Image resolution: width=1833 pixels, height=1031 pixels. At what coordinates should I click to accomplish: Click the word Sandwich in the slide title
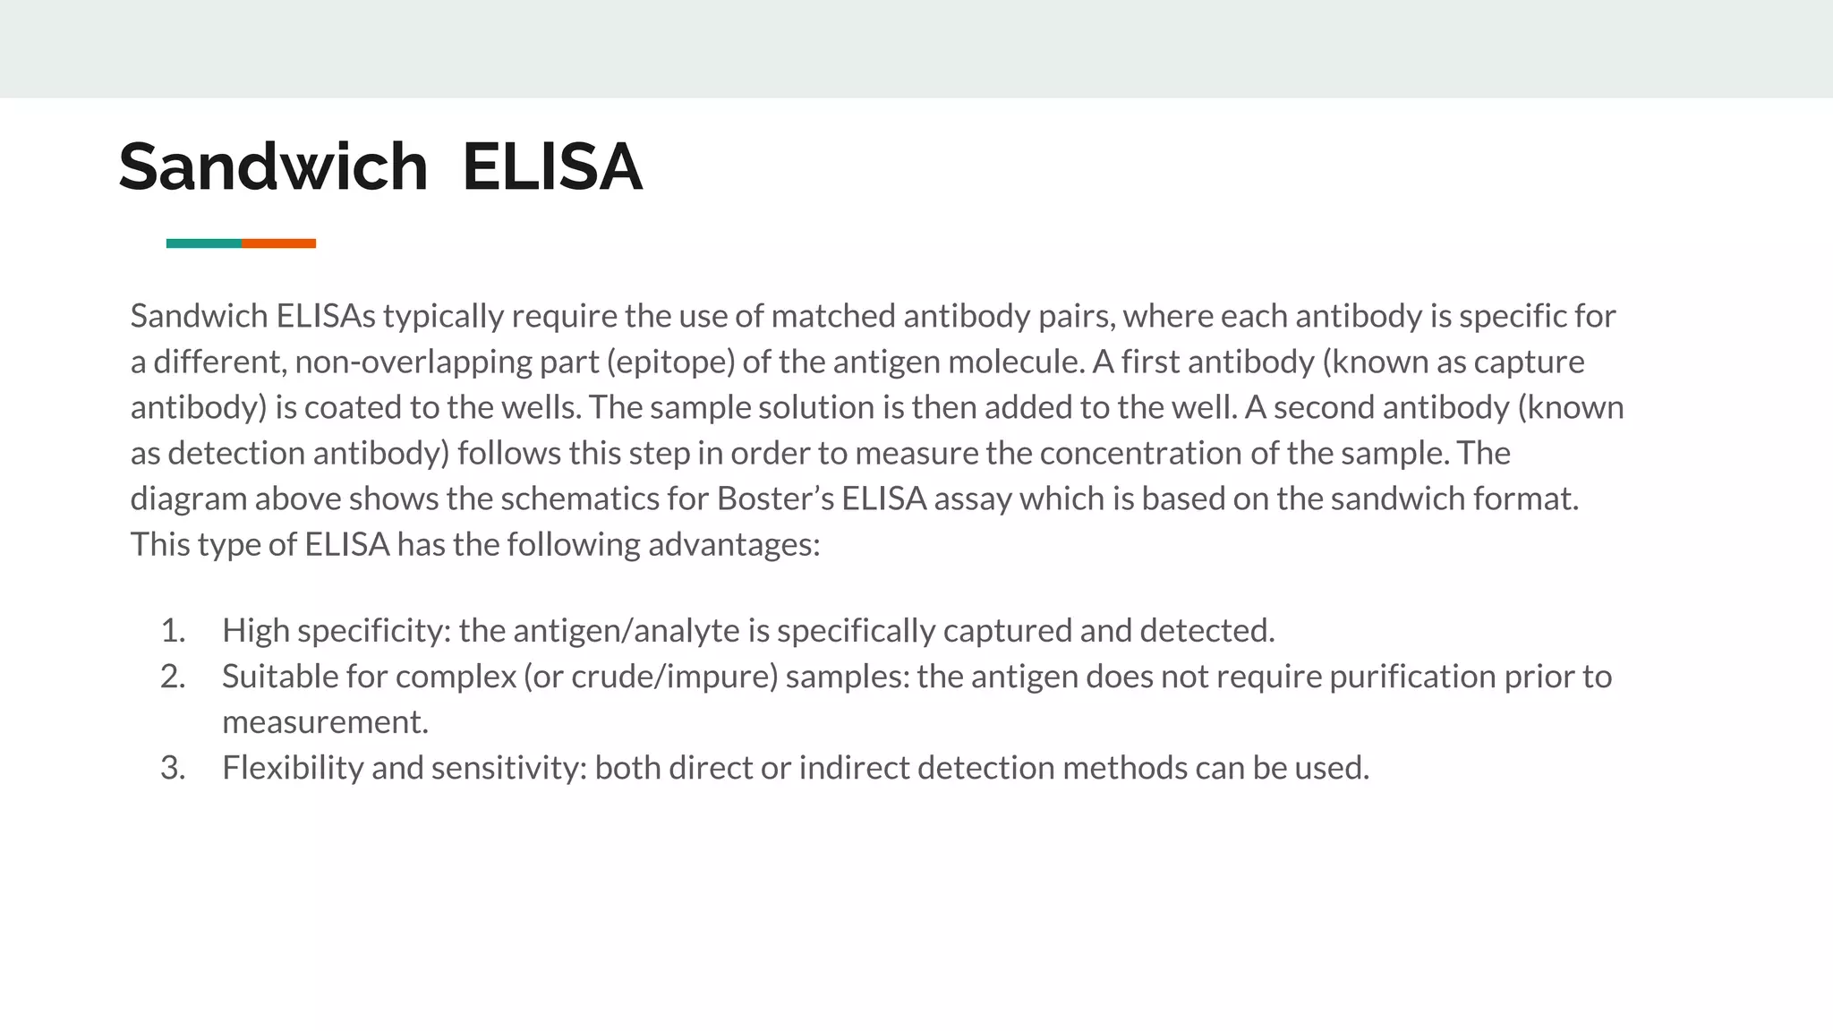tap(273, 167)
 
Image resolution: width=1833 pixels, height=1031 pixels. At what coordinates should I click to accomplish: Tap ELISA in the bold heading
tap(552, 167)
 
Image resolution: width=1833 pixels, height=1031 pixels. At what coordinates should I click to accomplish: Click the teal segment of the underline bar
tap(204, 243)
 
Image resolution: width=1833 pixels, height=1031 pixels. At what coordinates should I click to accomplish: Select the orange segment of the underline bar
tap(278, 243)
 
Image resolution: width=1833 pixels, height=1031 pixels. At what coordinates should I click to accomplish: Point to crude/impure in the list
tap(674, 677)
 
